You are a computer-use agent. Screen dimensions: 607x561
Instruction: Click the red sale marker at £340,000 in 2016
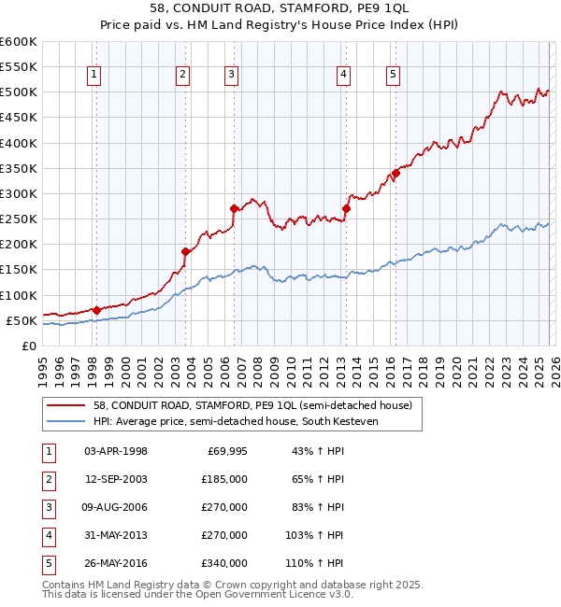click(x=396, y=173)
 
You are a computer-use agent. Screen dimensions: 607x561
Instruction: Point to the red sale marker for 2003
click(x=186, y=251)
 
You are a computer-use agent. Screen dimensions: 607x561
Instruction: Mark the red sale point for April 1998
click(x=96, y=309)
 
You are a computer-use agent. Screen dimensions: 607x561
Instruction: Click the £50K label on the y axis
click(x=22, y=320)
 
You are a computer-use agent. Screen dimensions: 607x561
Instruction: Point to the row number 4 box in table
click(x=48, y=535)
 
